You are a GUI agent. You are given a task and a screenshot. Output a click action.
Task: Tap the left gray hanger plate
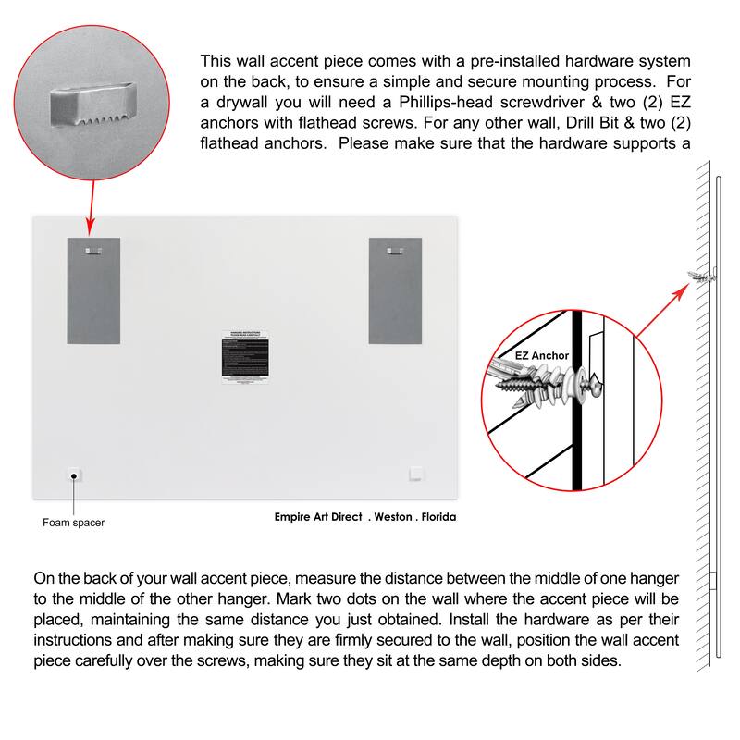[x=93, y=290]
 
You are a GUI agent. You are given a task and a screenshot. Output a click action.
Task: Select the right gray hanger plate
[x=395, y=290]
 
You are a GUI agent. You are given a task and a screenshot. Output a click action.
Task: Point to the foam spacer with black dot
[x=73, y=475]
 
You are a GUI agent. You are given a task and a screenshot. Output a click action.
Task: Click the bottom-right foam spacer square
[x=417, y=475]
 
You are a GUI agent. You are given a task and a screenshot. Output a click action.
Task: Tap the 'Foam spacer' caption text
[x=73, y=523]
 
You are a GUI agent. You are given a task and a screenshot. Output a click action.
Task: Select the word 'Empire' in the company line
[x=297, y=518]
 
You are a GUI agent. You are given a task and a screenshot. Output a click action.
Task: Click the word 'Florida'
[x=437, y=518]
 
